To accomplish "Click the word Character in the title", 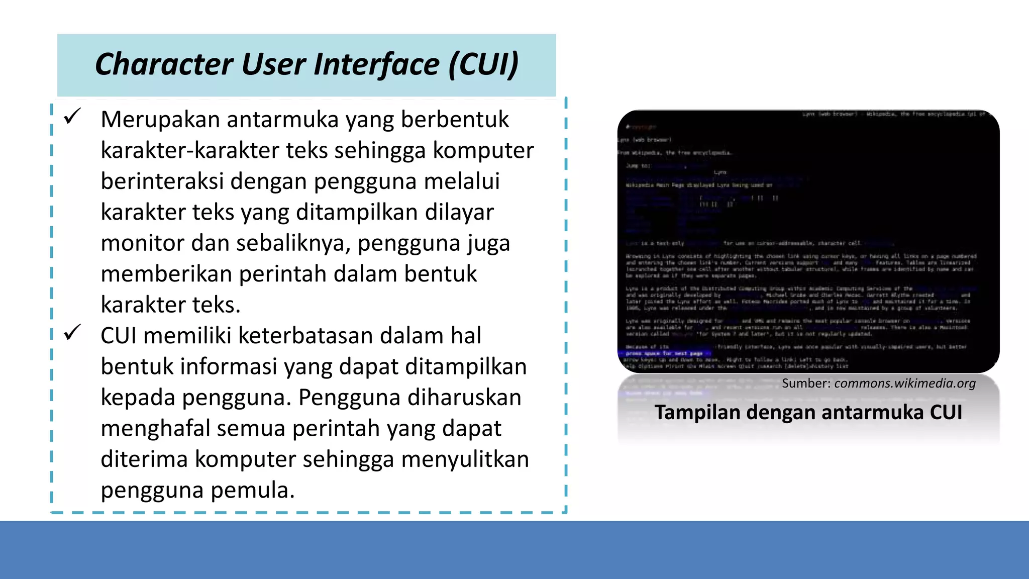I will pos(163,64).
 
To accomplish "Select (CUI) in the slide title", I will pos(483,64).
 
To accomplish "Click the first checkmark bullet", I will pos(72,118).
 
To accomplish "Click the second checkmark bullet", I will pos(72,333).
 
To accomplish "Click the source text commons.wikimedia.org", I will pos(905,383).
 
